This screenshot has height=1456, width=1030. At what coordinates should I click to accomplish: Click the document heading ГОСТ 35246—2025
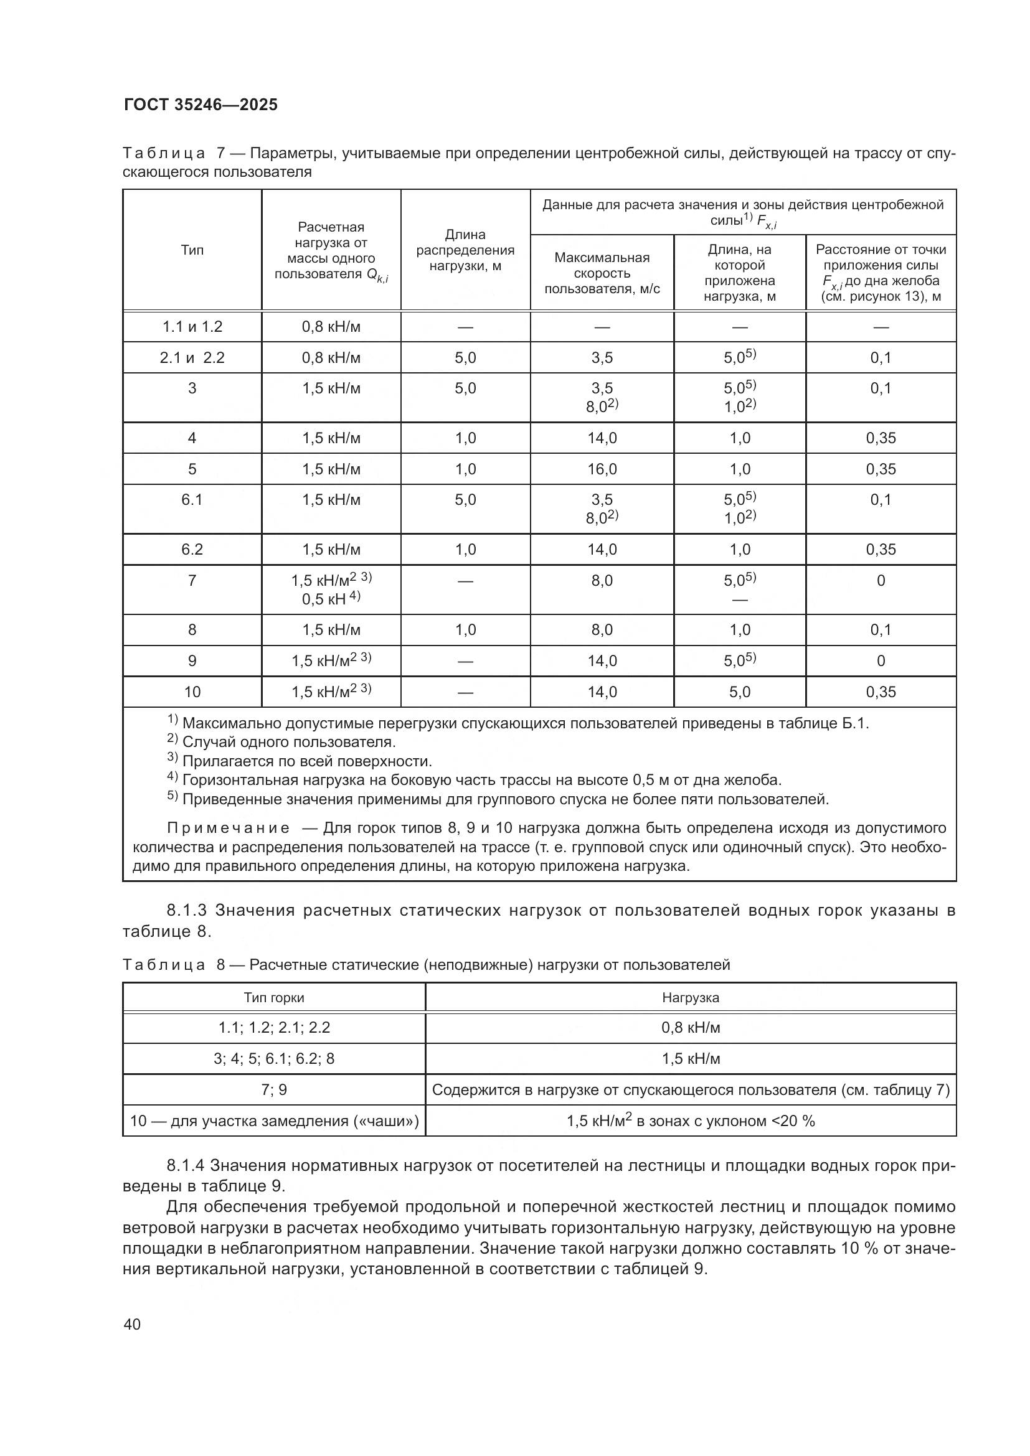click(x=201, y=105)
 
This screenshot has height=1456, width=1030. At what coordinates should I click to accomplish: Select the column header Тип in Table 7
click(x=192, y=250)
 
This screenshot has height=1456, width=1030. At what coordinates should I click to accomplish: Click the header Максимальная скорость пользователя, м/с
click(x=602, y=273)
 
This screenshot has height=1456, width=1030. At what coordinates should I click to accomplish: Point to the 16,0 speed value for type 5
click(x=602, y=469)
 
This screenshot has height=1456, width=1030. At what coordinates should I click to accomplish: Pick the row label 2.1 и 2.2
click(x=192, y=358)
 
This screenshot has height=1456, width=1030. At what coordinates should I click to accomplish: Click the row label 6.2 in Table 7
click(x=192, y=549)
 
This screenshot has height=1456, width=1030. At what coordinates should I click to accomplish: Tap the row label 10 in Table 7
click(x=192, y=692)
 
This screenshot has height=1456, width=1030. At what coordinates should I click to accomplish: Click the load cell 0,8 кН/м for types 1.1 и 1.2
click(x=331, y=327)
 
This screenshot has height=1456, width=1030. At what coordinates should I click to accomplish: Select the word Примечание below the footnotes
click(x=229, y=828)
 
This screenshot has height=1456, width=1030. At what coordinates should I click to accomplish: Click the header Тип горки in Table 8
click(x=274, y=997)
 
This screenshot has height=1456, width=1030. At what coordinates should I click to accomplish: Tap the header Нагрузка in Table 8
click(x=690, y=997)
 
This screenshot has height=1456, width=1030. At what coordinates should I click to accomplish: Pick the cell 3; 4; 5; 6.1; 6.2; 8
click(x=274, y=1058)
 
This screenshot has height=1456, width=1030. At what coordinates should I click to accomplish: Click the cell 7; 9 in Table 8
click(x=274, y=1089)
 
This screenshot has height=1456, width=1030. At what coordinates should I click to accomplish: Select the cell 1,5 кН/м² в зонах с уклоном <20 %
click(x=690, y=1120)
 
